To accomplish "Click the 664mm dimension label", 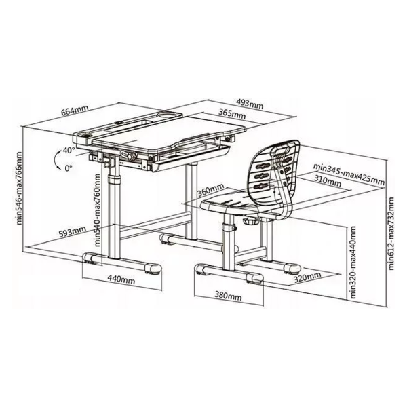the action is click(x=75, y=110).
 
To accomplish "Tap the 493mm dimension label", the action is click(x=250, y=104).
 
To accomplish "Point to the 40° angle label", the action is click(x=69, y=150).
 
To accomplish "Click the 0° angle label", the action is click(x=69, y=168).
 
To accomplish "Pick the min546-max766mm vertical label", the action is click(x=19, y=188).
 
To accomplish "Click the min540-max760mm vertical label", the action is click(x=97, y=210).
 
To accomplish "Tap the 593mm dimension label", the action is click(x=72, y=231).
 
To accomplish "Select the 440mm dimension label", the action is click(x=121, y=279).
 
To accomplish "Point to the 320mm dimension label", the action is click(x=307, y=277).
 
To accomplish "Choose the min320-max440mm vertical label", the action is click(x=353, y=262).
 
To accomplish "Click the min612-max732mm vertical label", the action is click(x=391, y=233).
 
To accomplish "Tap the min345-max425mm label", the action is click(x=349, y=174).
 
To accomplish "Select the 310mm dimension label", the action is click(x=328, y=181).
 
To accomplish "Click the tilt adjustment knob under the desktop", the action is click(x=130, y=156).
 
